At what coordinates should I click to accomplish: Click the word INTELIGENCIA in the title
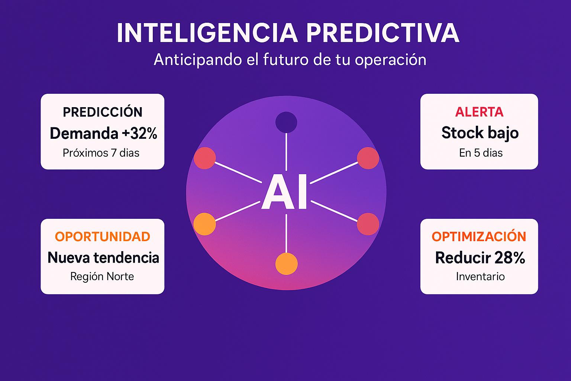(x=207, y=33)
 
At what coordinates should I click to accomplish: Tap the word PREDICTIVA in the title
(x=383, y=33)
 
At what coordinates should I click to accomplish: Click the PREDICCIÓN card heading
(x=103, y=112)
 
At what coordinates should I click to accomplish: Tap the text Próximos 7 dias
(x=101, y=153)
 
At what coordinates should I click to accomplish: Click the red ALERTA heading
(x=479, y=112)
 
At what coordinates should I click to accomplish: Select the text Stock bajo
(x=480, y=133)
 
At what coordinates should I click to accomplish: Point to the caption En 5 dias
(x=481, y=153)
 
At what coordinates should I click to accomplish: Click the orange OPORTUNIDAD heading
(x=103, y=237)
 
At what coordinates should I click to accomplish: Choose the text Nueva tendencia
(x=103, y=257)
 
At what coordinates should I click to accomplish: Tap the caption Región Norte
(x=102, y=276)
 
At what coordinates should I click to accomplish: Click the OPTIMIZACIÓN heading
(x=479, y=236)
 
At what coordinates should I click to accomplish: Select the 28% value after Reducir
(x=510, y=258)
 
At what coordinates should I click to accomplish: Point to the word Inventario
(x=480, y=276)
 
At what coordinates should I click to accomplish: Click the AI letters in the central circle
(x=284, y=192)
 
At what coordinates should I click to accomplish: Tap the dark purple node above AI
(x=286, y=122)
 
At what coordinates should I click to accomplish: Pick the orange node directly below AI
(x=287, y=264)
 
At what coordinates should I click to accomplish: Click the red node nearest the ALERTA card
(x=368, y=158)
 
